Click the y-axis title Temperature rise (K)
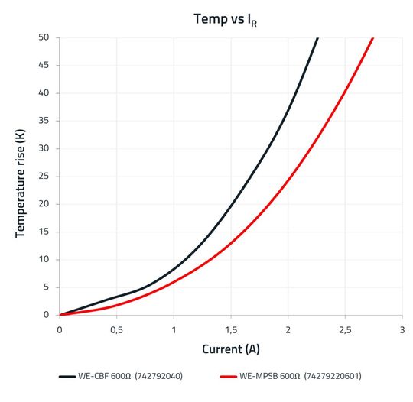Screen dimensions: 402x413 [21, 176]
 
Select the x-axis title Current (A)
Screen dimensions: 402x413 [230, 349]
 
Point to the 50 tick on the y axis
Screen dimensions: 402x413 [44, 38]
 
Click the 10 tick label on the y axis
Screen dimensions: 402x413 [44, 260]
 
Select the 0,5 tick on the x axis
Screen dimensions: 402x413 [116, 329]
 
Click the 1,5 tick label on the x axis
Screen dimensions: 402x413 [230, 329]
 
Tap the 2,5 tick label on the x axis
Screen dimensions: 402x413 [344, 329]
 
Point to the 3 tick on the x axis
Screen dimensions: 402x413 [402, 329]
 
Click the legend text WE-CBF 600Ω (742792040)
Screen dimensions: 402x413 [130, 377]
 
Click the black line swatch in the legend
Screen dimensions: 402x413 [67, 377]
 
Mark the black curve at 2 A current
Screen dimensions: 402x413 [288, 109]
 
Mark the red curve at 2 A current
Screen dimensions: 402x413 [288, 182]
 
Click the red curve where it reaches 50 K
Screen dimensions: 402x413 [372, 39]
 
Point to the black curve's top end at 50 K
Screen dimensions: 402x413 [317, 39]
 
